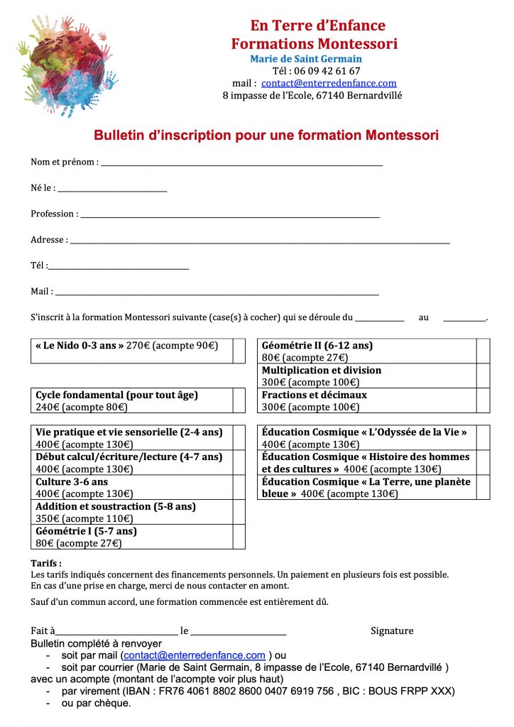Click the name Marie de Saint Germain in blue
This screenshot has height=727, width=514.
(x=306, y=59)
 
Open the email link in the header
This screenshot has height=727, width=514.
(x=329, y=83)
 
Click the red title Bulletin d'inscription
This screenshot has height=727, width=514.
(x=266, y=135)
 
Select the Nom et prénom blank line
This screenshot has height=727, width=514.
(x=241, y=164)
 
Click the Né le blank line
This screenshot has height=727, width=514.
(x=111, y=190)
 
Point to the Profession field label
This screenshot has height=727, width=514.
(x=53, y=214)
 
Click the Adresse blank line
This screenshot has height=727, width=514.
(x=260, y=242)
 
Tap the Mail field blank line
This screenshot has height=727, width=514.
(x=217, y=293)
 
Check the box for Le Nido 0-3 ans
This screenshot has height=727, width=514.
(x=239, y=351)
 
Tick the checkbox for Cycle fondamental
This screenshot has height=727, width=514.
(x=239, y=400)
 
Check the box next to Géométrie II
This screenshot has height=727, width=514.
(x=483, y=351)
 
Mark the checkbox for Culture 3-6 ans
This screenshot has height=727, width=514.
(x=239, y=487)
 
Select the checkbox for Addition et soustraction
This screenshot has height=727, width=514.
(x=239, y=512)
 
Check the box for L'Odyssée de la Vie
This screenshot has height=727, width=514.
(x=483, y=437)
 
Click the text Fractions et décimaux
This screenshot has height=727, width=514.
(x=315, y=395)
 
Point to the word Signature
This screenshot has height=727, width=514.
(x=392, y=630)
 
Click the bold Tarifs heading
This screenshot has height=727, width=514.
(x=46, y=563)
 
